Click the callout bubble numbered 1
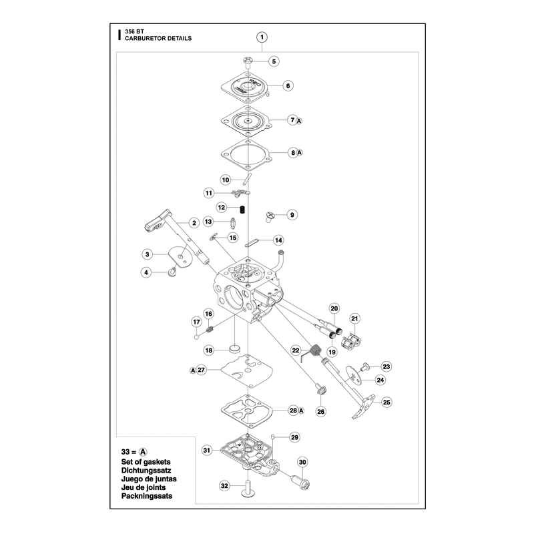tap(262, 37)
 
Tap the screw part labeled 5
tap(248, 62)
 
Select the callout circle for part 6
tap(288, 86)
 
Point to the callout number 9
tap(292, 215)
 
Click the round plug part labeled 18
tap(234, 348)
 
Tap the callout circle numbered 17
tap(197, 322)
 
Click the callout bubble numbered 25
tap(386, 403)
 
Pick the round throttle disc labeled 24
tap(354, 376)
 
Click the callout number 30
tap(303, 462)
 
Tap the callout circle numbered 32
tap(224, 486)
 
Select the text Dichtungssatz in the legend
tap(146, 471)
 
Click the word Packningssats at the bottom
tap(147, 496)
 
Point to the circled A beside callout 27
tap(193, 370)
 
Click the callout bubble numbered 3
tap(147, 254)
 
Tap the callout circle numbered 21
tap(355, 319)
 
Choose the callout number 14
tap(278, 240)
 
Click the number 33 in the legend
tap(125, 452)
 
